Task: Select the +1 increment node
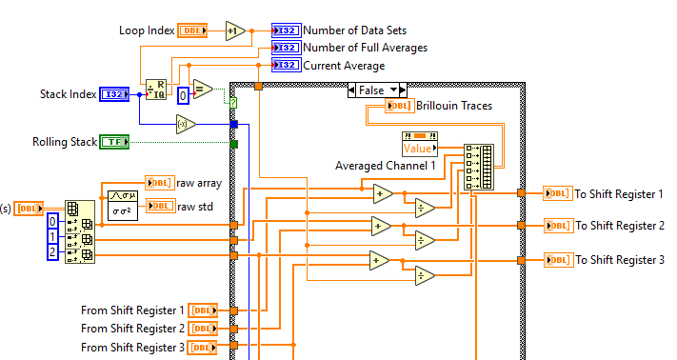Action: (235, 30)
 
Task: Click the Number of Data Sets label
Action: (354, 30)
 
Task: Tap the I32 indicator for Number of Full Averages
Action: (286, 48)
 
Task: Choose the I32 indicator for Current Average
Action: (286, 66)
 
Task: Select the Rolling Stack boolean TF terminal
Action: (114, 142)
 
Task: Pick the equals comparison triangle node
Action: (202, 90)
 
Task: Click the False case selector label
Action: (371, 90)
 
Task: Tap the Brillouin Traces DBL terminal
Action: (399, 106)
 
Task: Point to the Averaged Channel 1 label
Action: (385, 166)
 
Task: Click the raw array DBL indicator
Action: (159, 182)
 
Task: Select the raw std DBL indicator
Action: (159, 206)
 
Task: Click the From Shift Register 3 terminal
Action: (203, 347)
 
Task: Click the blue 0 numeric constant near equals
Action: (183, 95)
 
